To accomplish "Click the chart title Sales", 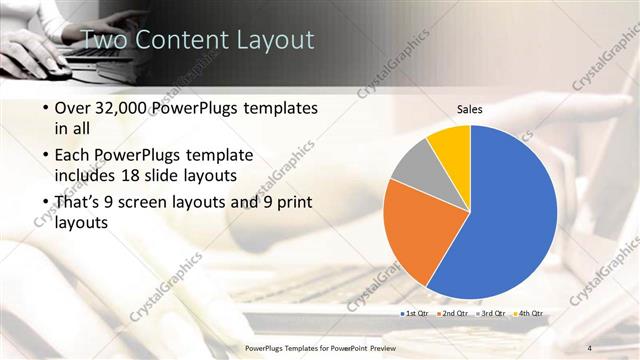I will pos(470,109).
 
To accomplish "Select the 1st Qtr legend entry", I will pos(416,314).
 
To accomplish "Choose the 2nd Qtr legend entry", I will pos(453,314).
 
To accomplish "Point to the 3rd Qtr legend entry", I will pos(490,314).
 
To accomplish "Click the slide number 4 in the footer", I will pos(590,347).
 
